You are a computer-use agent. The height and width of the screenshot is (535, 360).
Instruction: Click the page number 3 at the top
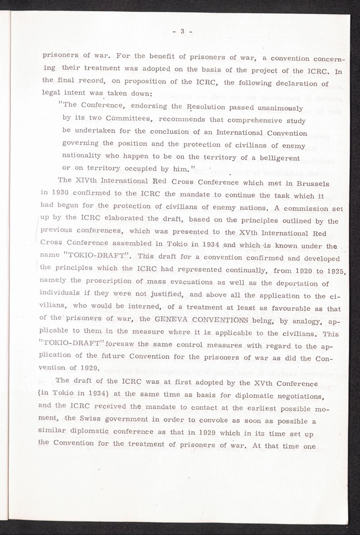coord(182,31)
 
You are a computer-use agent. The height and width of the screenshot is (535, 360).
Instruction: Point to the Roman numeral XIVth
coord(89,180)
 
